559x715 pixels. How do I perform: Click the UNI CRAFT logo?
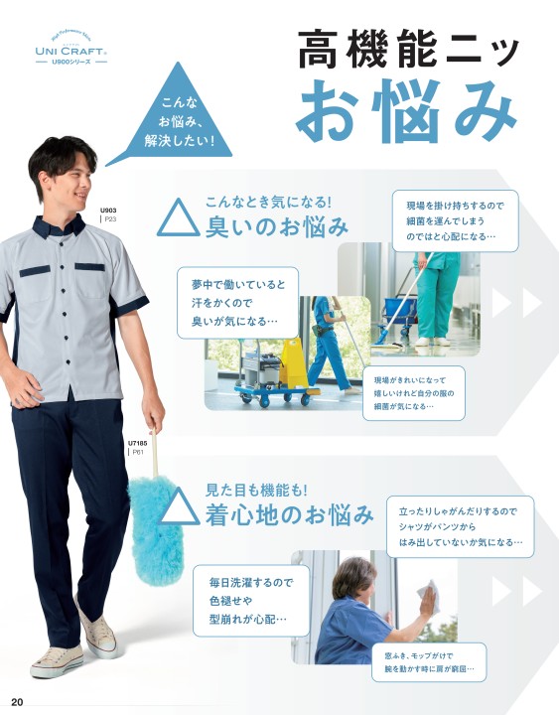coord(71,50)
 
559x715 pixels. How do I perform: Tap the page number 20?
coord(17,702)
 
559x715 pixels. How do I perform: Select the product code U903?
coord(108,211)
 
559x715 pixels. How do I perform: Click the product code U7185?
coord(137,443)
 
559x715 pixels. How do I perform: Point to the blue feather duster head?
coord(156,529)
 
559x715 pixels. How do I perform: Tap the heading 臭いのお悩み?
coord(276,226)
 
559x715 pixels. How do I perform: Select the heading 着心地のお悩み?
coord(289,514)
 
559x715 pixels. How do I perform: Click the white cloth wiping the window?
coord(429,596)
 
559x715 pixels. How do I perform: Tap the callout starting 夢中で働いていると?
coord(237,303)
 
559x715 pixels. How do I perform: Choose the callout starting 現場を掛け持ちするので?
coord(455,220)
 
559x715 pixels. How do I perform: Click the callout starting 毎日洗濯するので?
coord(251,601)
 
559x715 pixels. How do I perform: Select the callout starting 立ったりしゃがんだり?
coord(460,526)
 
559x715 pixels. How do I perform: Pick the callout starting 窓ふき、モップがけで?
coord(429,662)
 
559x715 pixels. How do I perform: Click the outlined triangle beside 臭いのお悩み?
coord(179,217)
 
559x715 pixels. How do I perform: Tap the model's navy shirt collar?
coord(59,225)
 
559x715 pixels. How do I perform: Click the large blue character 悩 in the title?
coord(407,111)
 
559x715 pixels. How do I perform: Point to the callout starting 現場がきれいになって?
coord(414,393)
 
